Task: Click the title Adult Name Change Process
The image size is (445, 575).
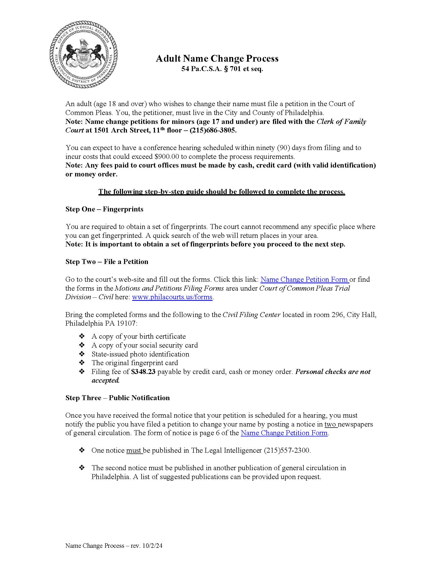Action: pyautogui.click(x=217, y=59)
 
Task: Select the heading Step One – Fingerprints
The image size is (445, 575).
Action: pyautogui.click(x=104, y=209)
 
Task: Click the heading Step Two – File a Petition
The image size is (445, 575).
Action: pyautogui.click(x=107, y=262)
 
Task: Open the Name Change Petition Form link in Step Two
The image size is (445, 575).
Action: pyautogui.click(x=304, y=279)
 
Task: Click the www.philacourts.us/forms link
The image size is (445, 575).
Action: pyautogui.click(x=172, y=297)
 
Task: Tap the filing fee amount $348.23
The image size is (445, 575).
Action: pyautogui.click(x=143, y=372)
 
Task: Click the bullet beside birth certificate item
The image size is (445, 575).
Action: pyautogui.click(x=82, y=336)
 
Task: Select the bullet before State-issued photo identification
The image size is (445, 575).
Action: pyautogui.click(x=82, y=354)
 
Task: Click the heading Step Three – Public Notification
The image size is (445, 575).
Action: pyautogui.click(x=118, y=398)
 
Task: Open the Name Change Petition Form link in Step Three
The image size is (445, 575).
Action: pyautogui.click(x=284, y=433)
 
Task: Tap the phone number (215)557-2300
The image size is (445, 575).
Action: pyautogui.click(x=287, y=451)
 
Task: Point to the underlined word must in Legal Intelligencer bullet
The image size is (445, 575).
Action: pyautogui.click(x=134, y=451)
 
